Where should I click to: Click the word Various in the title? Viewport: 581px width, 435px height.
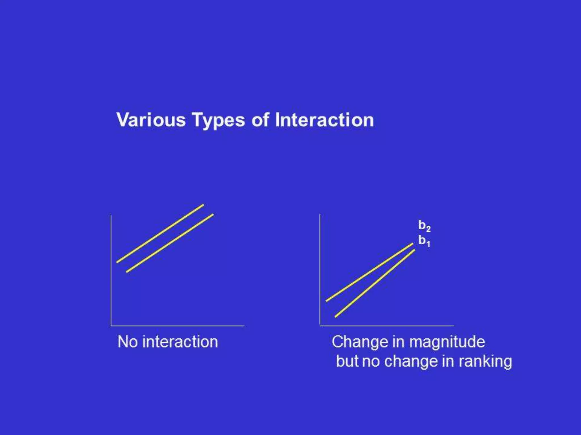click(x=151, y=120)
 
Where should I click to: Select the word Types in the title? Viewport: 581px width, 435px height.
click(x=218, y=120)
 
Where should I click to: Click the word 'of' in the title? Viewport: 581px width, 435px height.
click(x=260, y=120)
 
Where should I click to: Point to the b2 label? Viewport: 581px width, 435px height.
click(x=424, y=226)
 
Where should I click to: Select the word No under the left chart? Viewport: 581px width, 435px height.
click(x=128, y=342)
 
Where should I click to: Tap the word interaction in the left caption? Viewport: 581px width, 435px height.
click(x=180, y=342)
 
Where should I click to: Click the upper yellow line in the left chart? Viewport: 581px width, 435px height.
click(x=160, y=233)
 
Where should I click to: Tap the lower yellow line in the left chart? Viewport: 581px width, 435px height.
click(x=170, y=243)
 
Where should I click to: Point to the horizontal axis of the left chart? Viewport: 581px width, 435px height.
click(x=178, y=326)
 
